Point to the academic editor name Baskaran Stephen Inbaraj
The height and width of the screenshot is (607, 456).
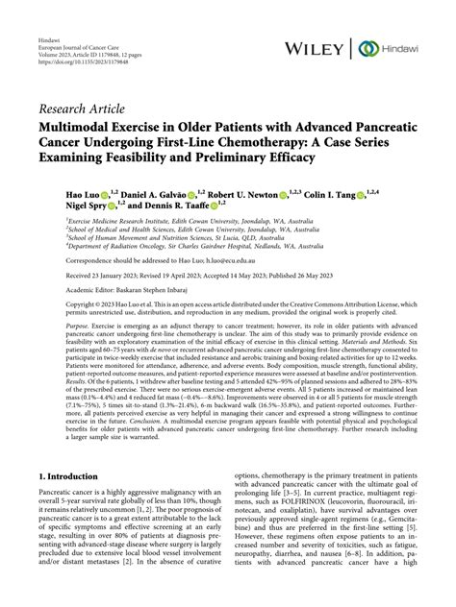pyautogui.click(x=164, y=289)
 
